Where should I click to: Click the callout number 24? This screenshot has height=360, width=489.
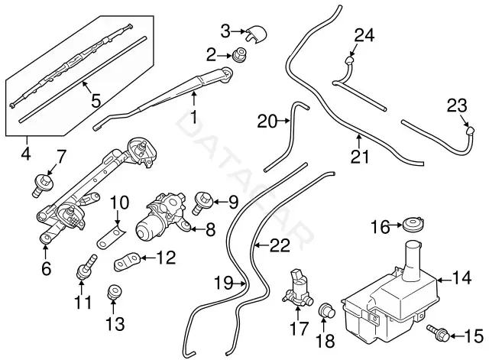pyautogui.click(x=364, y=36)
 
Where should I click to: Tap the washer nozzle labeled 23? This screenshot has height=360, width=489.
pyautogui.click(x=471, y=131)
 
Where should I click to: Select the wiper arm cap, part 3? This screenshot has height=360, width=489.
pyautogui.click(x=257, y=34)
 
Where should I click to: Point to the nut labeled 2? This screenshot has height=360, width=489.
pyautogui.click(x=239, y=54)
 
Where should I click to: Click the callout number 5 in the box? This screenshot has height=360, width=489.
pyautogui.click(x=96, y=100)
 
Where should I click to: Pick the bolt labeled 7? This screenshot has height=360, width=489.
pyautogui.click(x=43, y=186)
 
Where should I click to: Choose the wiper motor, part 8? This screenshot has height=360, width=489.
pyautogui.click(x=163, y=219)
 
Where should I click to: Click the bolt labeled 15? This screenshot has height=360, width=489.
pyautogui.click(x=438, y=332)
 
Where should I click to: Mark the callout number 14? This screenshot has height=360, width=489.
pyautogui.click(x=461, y=277)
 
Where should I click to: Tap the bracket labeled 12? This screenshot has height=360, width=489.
pyautogui.click(x=128, y=261)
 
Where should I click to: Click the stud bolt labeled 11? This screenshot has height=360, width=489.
pyautogui.click(x=86, y=267)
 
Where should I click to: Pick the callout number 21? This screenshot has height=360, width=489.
pyautogui.click(x=359, y=157)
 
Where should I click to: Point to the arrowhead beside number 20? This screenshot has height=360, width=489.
pyautogui.click(x=288, y=121)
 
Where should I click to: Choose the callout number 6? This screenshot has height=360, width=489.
pyautogui.click(x=46, y=268)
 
